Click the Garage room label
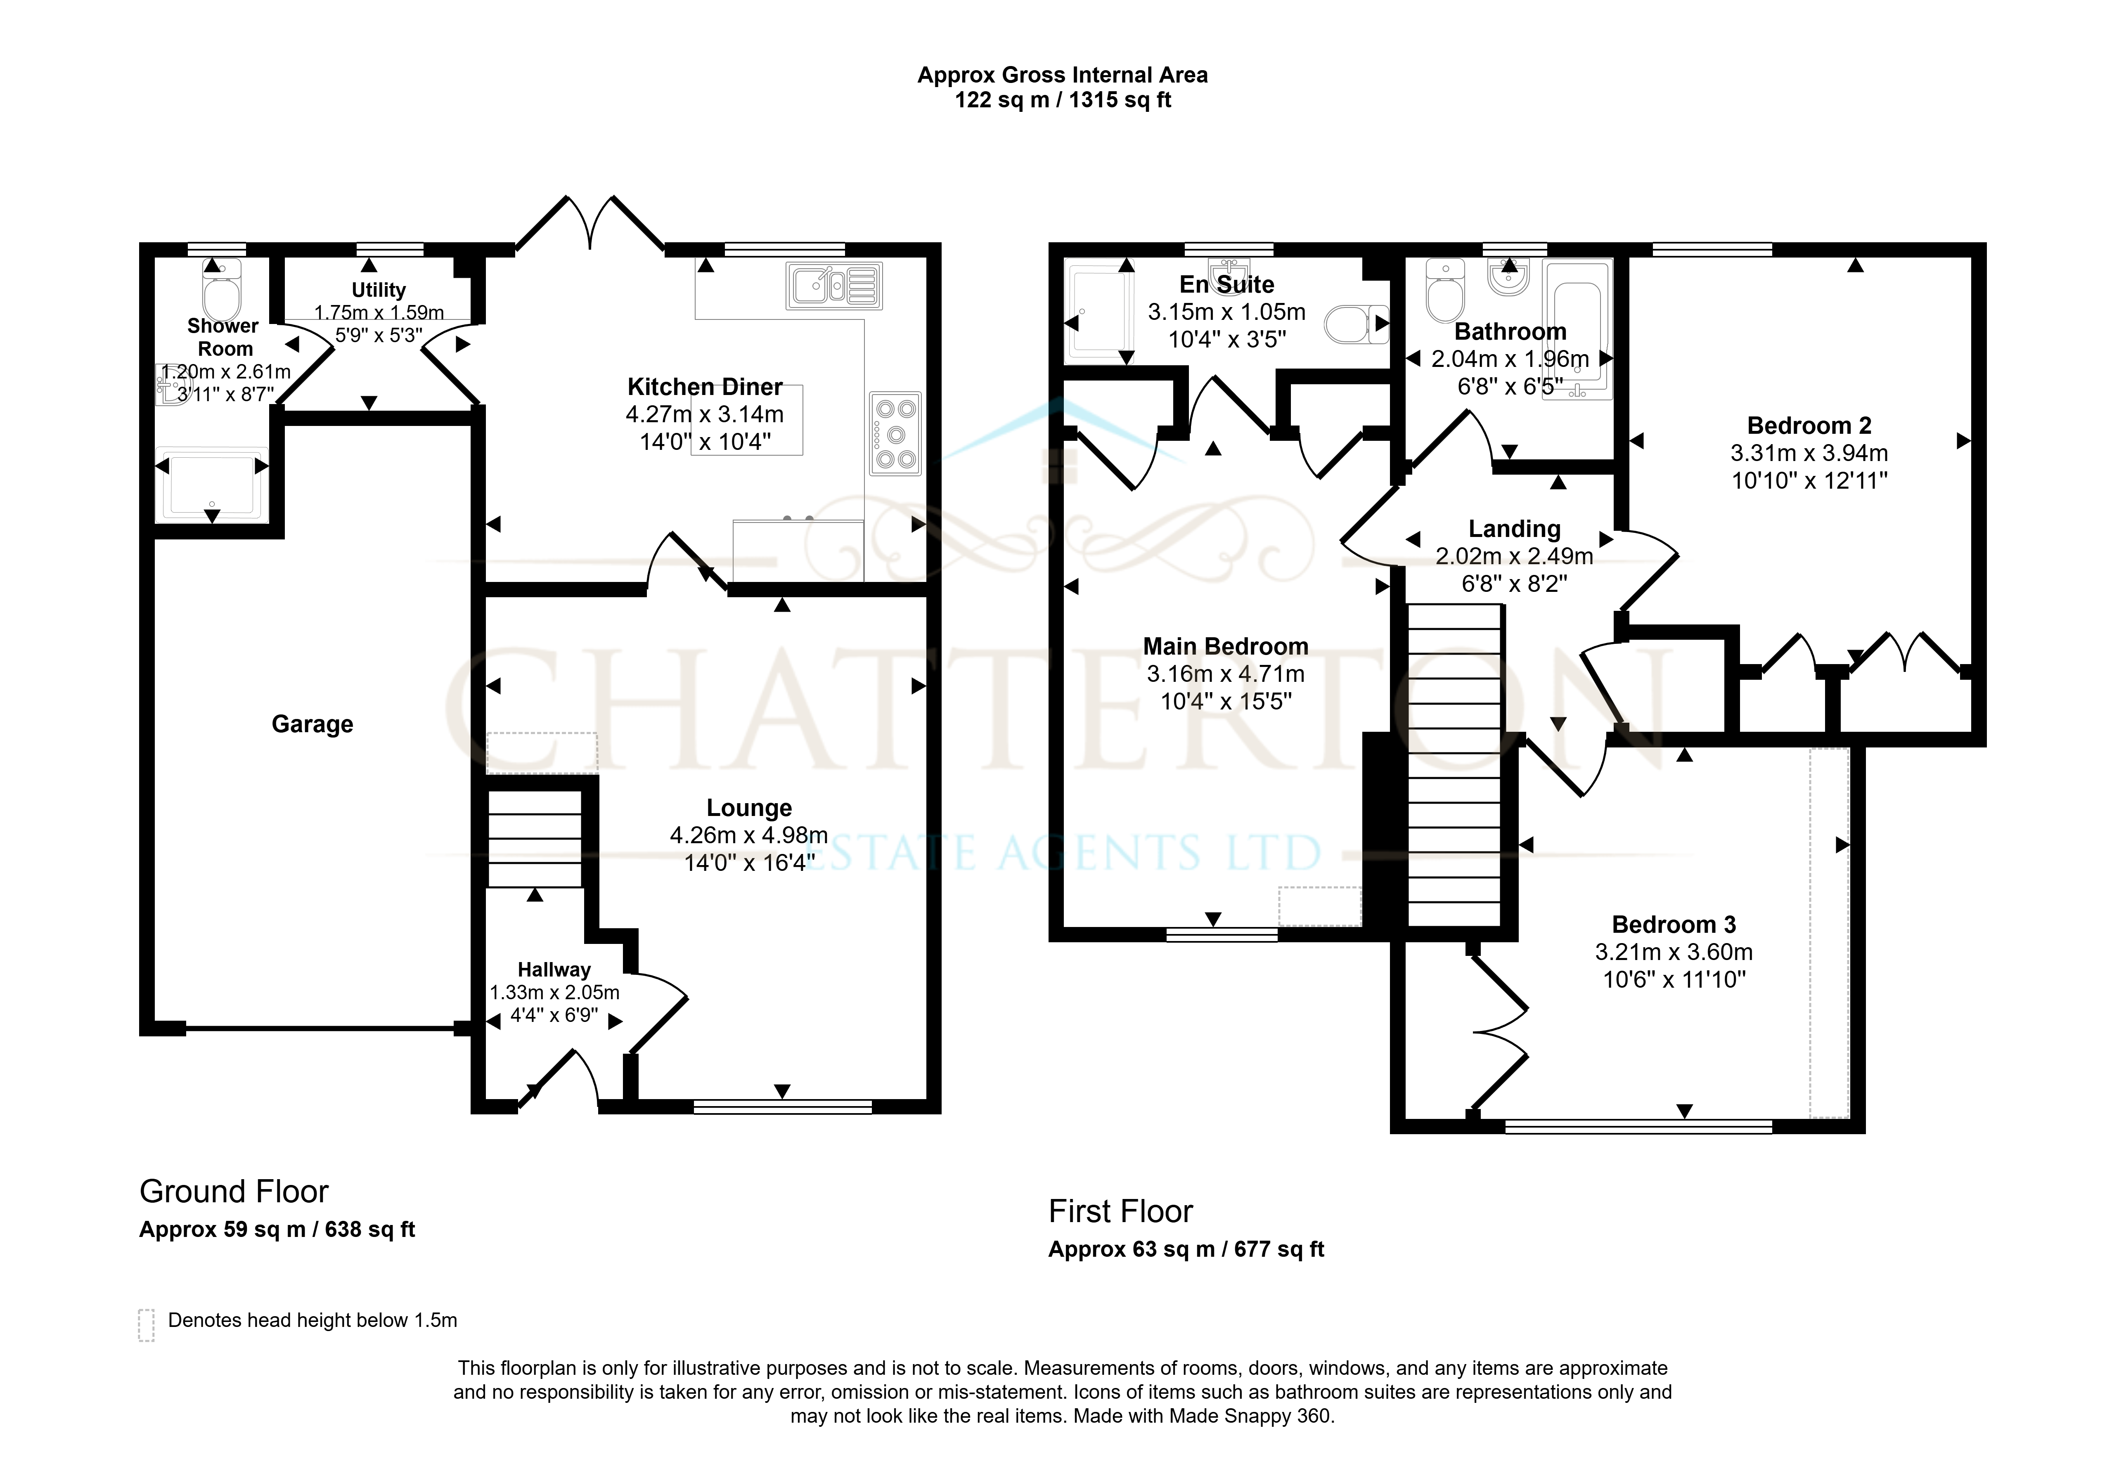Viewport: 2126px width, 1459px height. pos(312,724)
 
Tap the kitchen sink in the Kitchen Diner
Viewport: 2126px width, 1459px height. pos(834,285)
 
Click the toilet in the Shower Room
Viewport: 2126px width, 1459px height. pos(220,288)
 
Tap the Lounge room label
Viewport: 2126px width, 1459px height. pos(749,808)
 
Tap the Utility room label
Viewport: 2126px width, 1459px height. pos(379,290)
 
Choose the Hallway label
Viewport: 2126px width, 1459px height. pos(554,970)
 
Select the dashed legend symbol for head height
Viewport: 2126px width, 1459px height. pos(147,1324)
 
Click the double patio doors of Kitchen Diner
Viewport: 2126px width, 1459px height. pos(590,222)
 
